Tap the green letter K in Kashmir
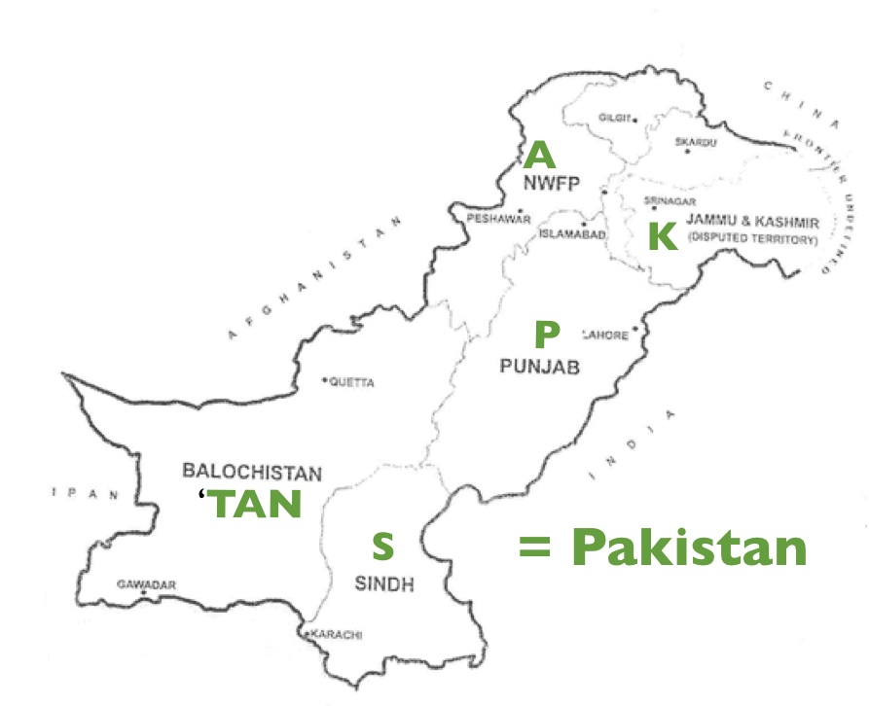(662, 236)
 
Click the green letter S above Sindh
(384, 547)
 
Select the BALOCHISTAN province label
(251, 473)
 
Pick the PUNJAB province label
(539, 367)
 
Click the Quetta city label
(351, 382)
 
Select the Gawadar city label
(146, 584)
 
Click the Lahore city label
(605, 335)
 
